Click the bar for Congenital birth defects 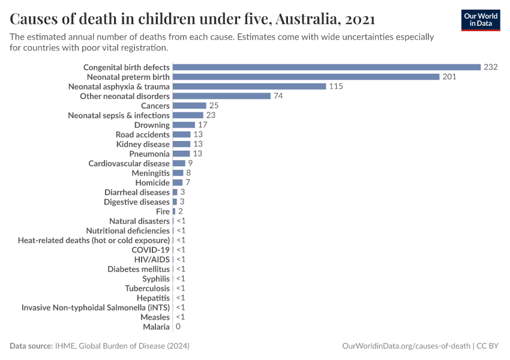326,67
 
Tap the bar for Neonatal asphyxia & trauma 249,86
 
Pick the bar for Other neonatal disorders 221,96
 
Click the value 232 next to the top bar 491,67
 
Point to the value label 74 278,96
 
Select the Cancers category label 155,106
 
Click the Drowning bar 184,125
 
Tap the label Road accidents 143,134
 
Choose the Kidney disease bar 181,144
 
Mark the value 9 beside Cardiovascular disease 190,163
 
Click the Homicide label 152,182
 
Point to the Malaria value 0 178,326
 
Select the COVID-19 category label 151,250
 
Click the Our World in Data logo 480,20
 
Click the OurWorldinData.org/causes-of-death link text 406,346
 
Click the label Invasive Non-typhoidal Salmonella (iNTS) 95,307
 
